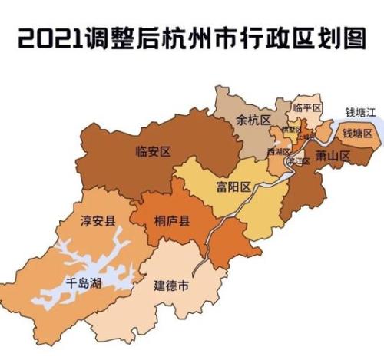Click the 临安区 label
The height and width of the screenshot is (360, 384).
pos(151,150)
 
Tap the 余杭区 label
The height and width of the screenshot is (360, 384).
pos(254,121)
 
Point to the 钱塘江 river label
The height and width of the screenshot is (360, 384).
pos(359,112)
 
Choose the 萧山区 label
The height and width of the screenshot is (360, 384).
pos(333,155)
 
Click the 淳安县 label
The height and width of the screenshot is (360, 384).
pos(98,222)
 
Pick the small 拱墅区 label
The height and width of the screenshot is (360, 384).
pos(291,130)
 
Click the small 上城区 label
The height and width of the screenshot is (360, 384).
pos(306,137)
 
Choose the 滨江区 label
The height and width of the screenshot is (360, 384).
pos(298,162)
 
